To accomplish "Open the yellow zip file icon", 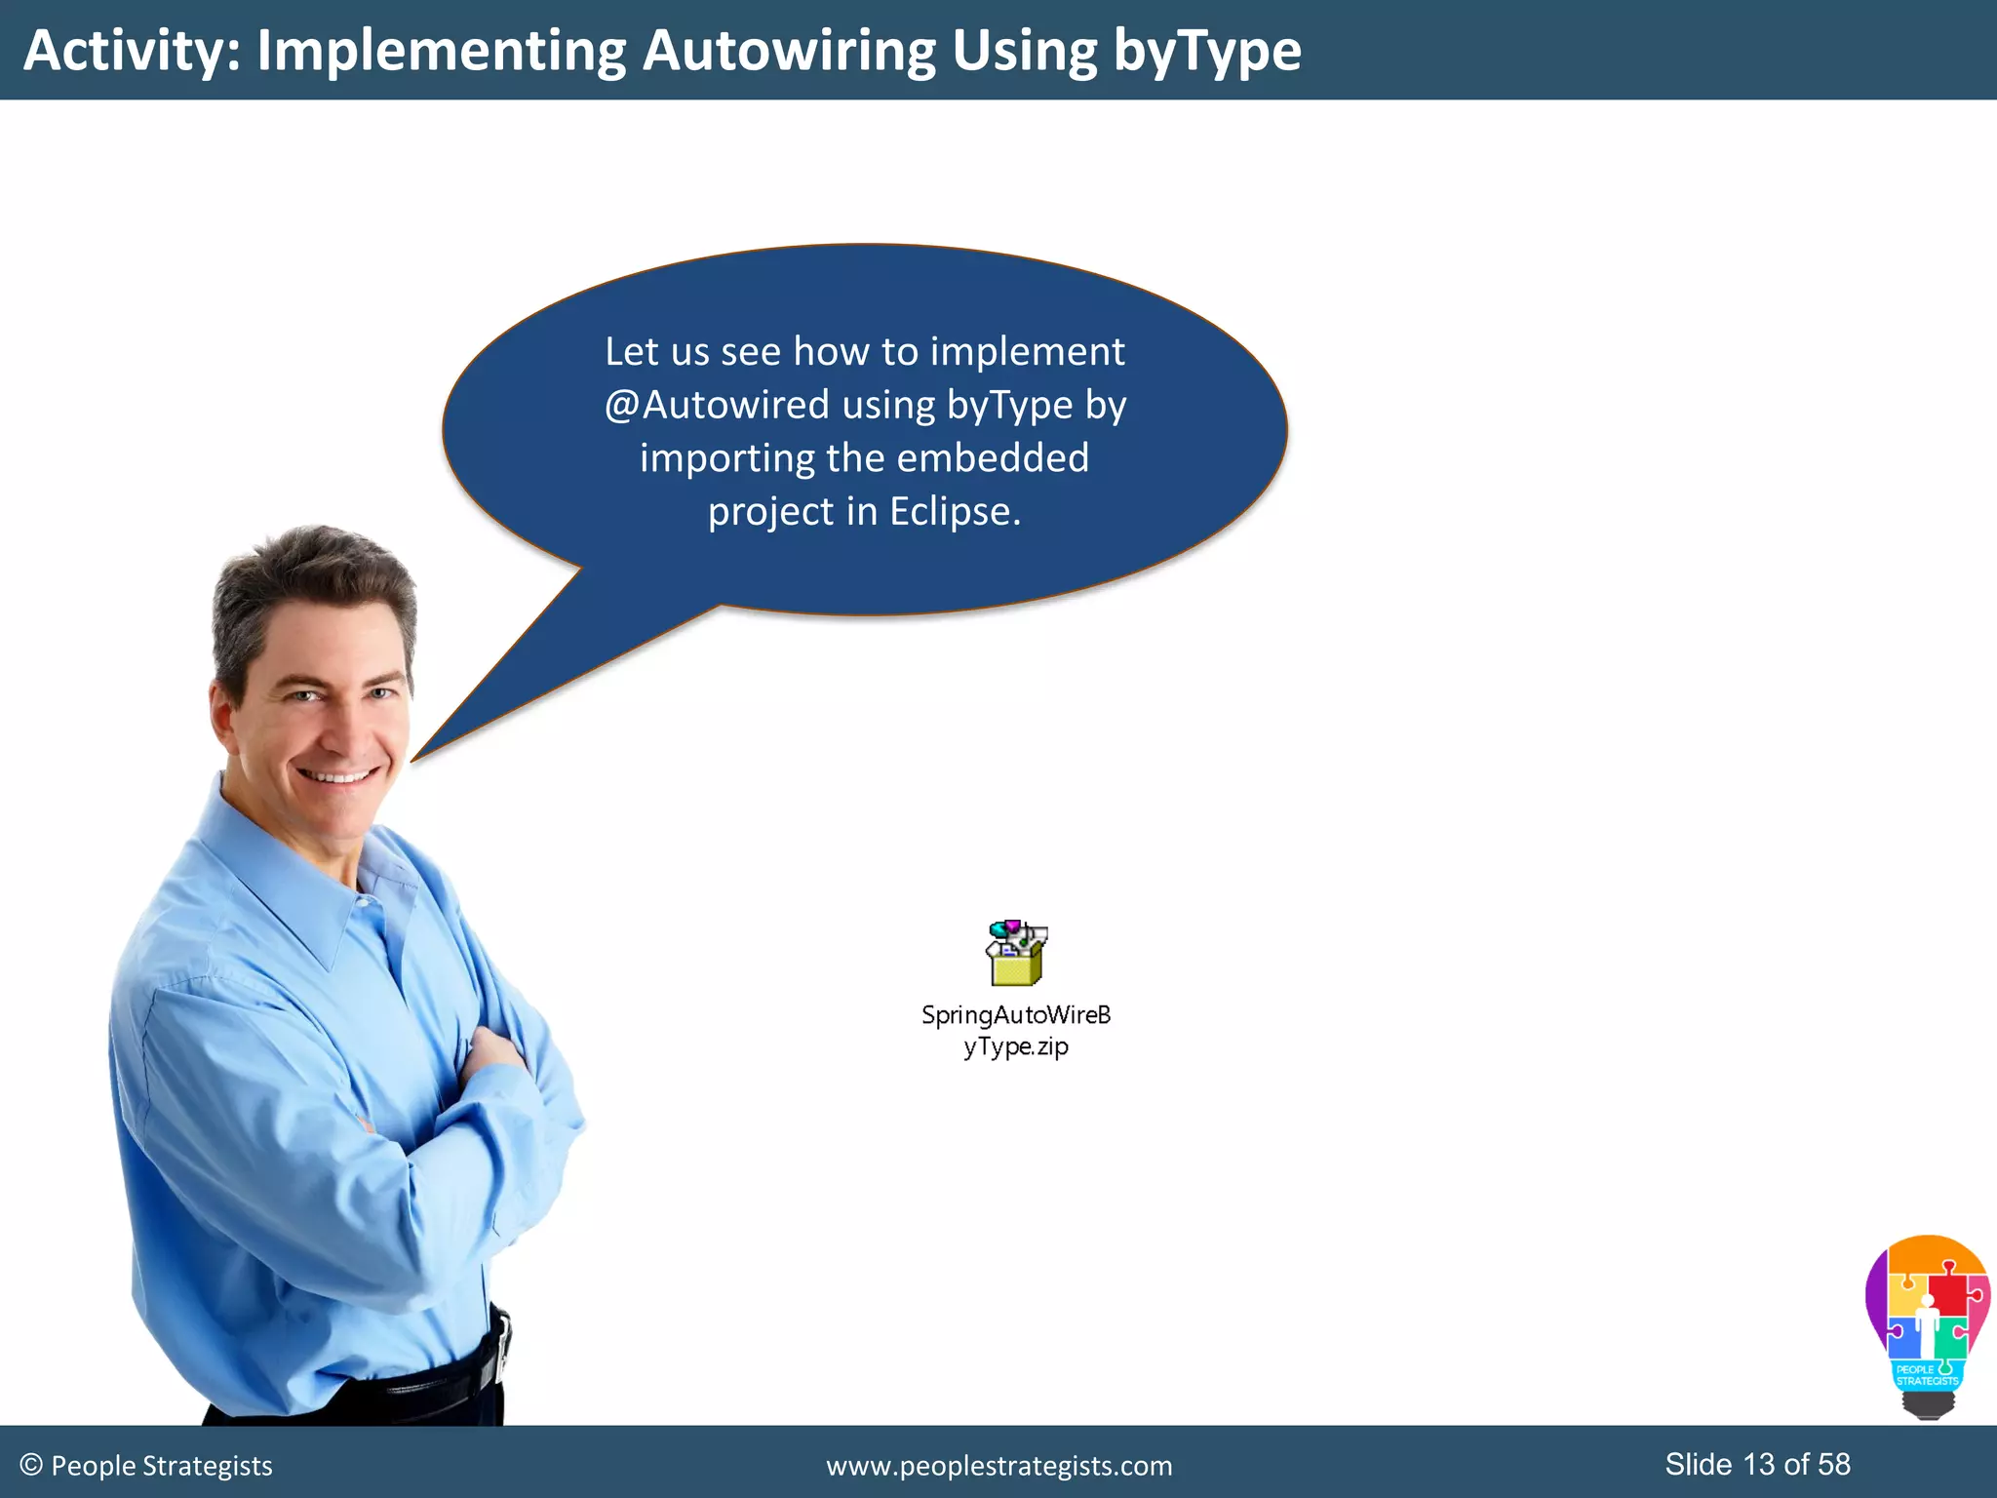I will [1016, 954].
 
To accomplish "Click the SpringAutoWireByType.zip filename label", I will [1016, 1030].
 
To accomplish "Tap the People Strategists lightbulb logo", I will [1927, 1326].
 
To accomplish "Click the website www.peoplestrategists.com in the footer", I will [998, 1466].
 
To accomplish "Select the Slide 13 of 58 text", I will [1756, 1464].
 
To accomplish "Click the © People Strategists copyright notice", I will [146, 1466].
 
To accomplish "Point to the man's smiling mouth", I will [336, 777].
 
